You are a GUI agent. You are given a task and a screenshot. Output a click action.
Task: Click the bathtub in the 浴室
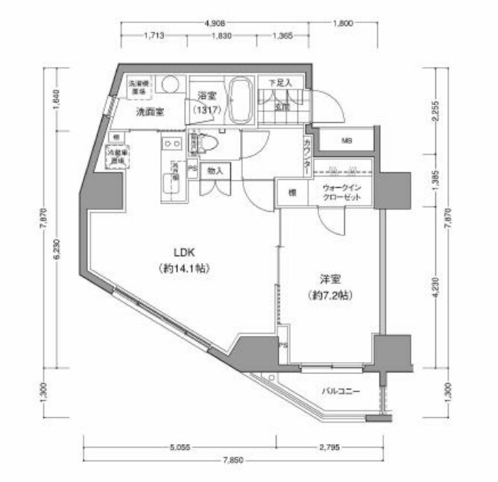240,101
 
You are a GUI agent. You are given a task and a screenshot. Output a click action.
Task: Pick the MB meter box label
347,140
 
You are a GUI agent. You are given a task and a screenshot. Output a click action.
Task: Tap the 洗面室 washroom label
150,113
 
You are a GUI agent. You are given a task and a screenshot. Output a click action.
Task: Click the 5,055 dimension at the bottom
179,448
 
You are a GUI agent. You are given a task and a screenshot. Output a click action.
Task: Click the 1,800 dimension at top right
342,24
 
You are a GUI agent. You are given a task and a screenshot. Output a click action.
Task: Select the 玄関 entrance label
282,107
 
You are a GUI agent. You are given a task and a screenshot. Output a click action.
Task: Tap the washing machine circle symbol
170,84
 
